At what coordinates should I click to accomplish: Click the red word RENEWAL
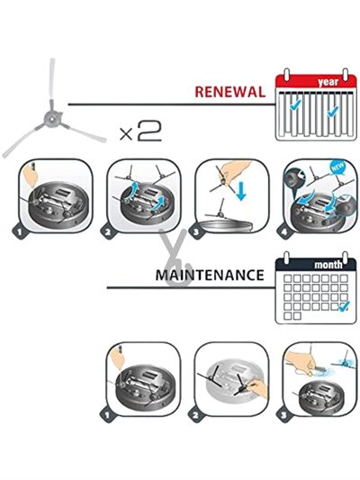(230, 92)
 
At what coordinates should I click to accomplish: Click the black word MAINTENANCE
(210, 275)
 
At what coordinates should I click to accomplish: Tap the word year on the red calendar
(328, 82)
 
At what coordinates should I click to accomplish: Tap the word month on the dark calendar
(328, 264)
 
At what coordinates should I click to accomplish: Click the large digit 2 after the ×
(149, 131)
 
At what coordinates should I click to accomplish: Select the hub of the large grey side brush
(51, 118)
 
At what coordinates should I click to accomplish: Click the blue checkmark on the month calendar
(345, 305)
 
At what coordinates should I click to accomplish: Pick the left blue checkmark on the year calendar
(295, 105)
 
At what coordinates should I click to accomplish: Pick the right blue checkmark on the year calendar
(332, 111)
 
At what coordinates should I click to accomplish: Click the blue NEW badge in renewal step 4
(337, 168)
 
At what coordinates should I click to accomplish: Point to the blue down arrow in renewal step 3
(241, 190)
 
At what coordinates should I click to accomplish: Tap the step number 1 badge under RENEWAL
(20, 231)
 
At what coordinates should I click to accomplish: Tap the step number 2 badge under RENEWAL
(108, 231)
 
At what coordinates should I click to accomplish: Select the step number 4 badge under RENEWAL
(284, 231)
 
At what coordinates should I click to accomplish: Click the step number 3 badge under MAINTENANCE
(284, 415)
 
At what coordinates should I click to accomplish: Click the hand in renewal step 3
(236, 172)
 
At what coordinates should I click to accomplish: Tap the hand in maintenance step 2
(257, 388)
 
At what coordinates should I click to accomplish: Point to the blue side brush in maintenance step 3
(344, 363)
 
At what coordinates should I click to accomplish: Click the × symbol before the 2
(126, 134)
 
